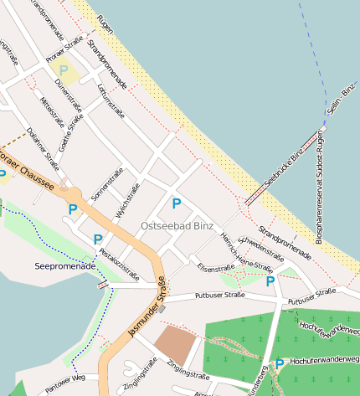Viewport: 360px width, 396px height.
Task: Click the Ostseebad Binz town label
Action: tap(177, 227)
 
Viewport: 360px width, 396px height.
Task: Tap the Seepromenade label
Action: tap(62, 266)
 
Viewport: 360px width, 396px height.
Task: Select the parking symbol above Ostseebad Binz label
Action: tap(176, 203)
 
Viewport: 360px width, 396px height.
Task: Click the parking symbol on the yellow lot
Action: tap(64, 70)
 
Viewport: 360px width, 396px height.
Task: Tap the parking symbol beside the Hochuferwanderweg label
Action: tap(279, 365)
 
